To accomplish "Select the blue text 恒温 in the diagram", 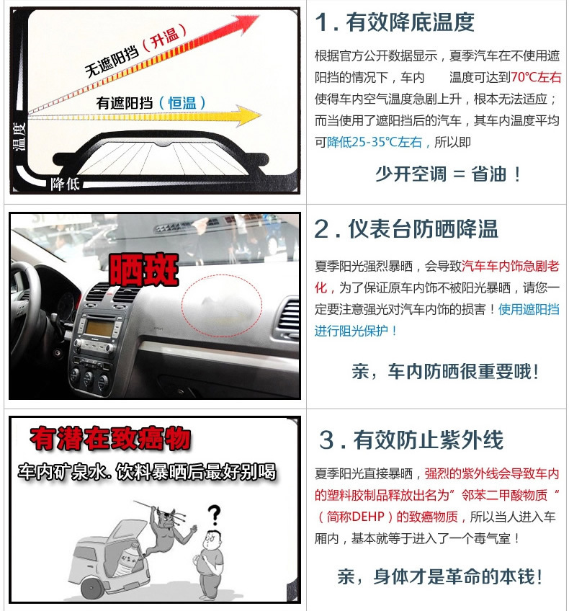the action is [182, 103].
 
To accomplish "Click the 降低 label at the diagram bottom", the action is [65, 183].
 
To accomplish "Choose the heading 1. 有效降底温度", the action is [395, 22].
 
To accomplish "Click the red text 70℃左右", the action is [535, 77].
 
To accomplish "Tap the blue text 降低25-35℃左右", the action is [375, 142].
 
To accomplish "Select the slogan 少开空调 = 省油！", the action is [448, 174].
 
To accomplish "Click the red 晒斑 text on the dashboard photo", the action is [144, 269].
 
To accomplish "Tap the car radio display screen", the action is [99, 327].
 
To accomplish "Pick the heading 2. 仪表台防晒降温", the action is [406, 228].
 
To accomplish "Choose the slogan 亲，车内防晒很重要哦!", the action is [446, 371].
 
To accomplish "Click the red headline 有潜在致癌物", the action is [111, 439].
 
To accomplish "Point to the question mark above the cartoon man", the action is [214, 514].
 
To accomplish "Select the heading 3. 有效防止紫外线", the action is [411, 440].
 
